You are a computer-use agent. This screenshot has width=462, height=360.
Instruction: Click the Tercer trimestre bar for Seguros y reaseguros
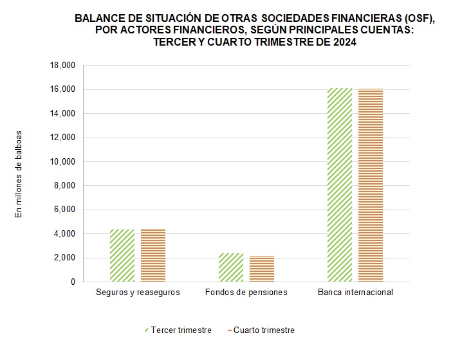pyautogui.click(x=122, y=256)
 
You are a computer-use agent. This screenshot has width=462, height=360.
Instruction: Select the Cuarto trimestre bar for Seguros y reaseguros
pyautogui.click(x=153, y=256)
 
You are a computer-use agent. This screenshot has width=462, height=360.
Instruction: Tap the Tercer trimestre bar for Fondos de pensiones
pyautogui.click(x=231, y=267)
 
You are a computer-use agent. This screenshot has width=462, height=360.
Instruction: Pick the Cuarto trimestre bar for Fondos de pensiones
pyautogui.click(x=262, y=269)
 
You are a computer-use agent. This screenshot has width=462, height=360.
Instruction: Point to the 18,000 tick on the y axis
pyautogui.click(x=62, y=66)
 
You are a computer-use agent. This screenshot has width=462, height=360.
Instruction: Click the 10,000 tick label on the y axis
pyautogui.click(x=62, y=162)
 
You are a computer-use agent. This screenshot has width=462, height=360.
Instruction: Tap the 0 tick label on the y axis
pyautogui.click(x=72, y=282)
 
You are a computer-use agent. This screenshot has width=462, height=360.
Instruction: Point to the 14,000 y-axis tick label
pyautogui.click(x=62, y=114)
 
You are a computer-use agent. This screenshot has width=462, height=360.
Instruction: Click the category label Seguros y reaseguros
pyautogui.click(x=138, y=292)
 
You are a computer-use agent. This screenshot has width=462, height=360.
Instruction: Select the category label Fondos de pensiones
pyautogui.click(x=246, y=292)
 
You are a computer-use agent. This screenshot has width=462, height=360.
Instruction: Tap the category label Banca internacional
pyautogui.click(x=355, y=292)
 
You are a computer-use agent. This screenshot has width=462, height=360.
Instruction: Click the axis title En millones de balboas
pyautogui.click(x=19, y=174)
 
